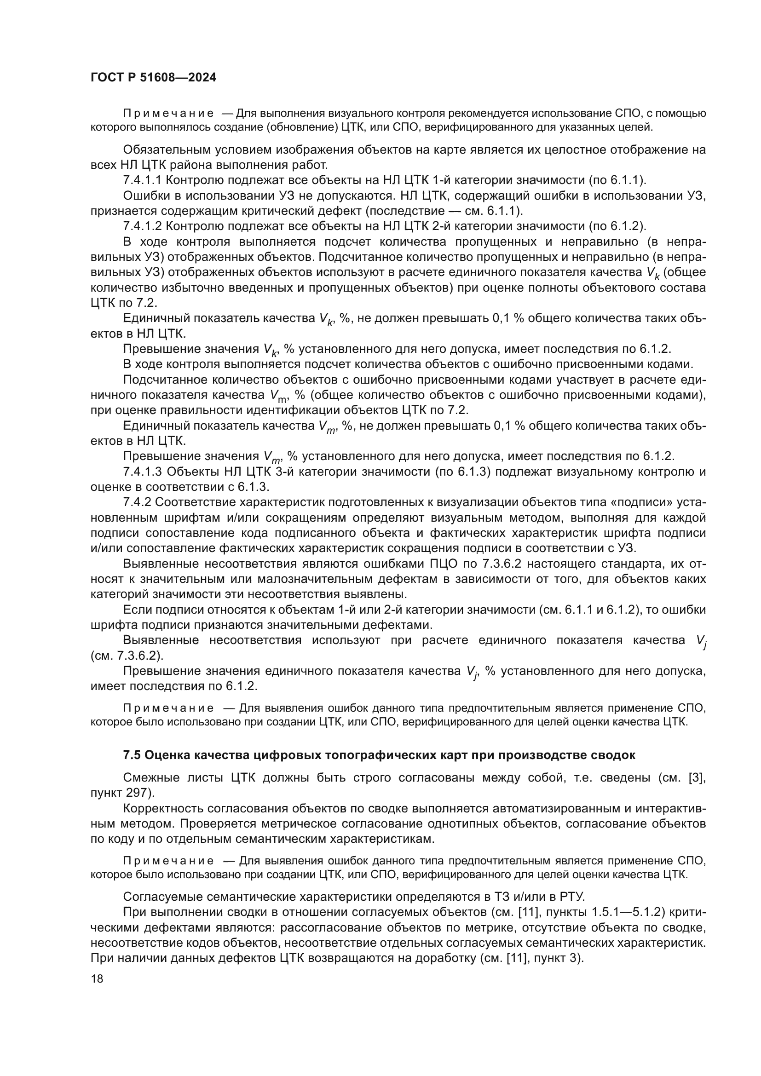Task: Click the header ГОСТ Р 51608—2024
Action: point(153,78)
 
